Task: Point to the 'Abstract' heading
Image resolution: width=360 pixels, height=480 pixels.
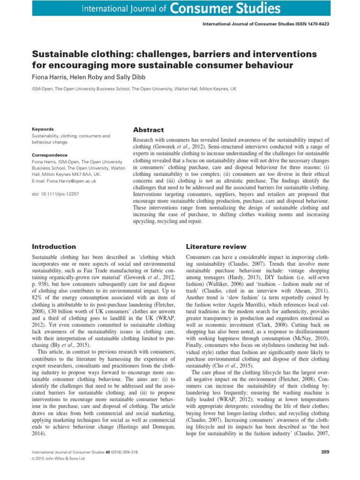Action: tap(149, 130)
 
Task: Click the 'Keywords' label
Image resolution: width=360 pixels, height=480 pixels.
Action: tap(43, 129)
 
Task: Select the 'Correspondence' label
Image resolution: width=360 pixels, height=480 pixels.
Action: tap(49, 155)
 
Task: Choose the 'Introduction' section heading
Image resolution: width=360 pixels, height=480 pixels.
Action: tap(53, 246)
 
